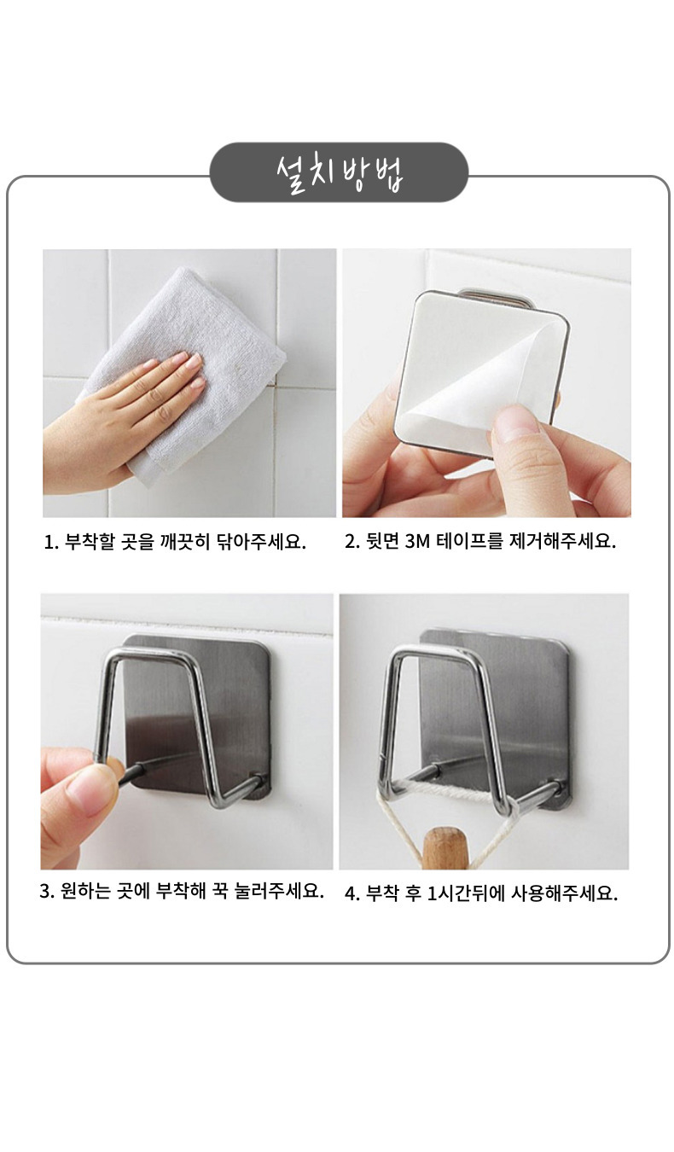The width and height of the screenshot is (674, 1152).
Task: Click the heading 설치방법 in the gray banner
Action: [x=340, y=172]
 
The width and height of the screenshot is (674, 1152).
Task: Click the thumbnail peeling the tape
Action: [x=515, y=422]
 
